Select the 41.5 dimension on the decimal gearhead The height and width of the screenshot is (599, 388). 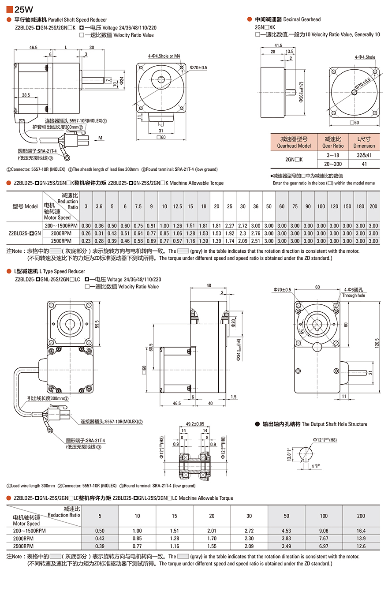click(x=278, y=45)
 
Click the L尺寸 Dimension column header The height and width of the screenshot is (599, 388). click(x=364, y=142)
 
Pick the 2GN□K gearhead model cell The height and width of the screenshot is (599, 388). click(x=294, y=160)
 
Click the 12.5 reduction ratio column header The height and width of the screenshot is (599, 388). click(x=178, y=206)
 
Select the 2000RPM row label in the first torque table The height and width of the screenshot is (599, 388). click(x=61, y=233)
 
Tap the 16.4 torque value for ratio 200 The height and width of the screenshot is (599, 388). click(x=361, y=531)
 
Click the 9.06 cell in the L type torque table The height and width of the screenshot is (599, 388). click(x=323, y=531)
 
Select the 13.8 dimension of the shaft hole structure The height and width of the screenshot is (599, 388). click(x=288, y=453)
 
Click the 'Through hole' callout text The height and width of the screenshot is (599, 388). click(x=354, y=296)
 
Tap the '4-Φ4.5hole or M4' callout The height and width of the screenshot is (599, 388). click(x=164, y=56)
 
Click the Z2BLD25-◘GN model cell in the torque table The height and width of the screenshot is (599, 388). click(x=25, y=233)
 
